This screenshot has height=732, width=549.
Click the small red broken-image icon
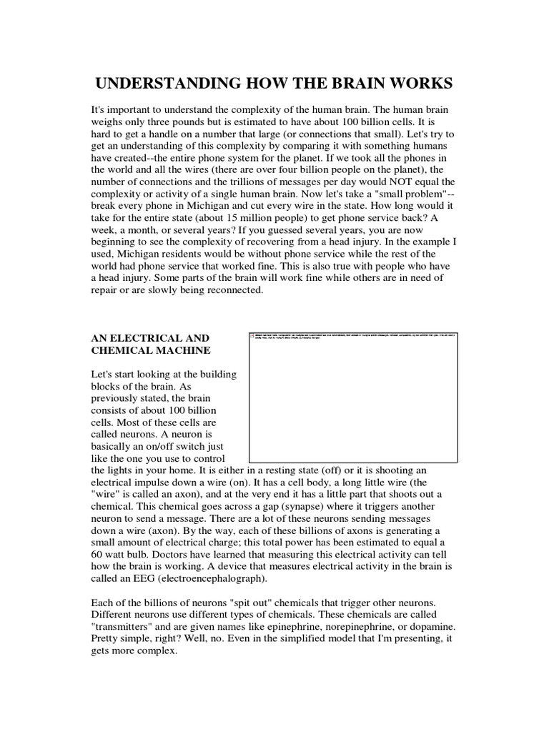253,335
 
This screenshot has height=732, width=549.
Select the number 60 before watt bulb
98,552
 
